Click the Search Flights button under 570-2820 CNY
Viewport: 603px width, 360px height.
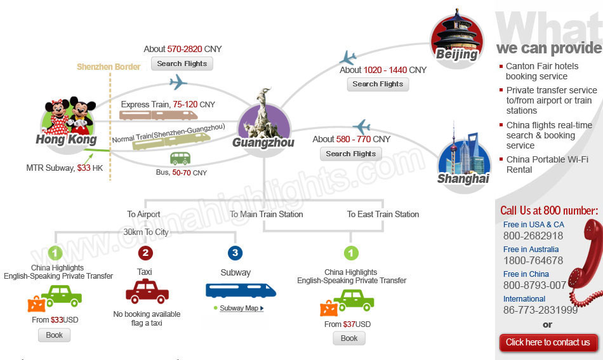tap(182, 63)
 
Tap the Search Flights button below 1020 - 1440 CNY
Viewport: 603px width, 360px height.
tap(378, 84)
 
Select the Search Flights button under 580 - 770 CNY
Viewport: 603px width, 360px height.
tap(351, 154)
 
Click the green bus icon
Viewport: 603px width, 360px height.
tap(180, 159)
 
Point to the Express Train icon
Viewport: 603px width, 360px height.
tap(159, 115)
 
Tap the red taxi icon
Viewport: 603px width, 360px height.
tap(147, 291)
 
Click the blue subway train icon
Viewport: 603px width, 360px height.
tap(241, 291)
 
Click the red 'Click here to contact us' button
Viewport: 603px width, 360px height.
tap(548, 342)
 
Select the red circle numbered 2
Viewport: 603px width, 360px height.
tap(145, 253)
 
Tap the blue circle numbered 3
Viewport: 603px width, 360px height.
tap(235, 253)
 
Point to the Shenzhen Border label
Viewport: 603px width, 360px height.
tap(109, 67)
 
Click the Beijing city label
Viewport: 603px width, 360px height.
tap(456, 54)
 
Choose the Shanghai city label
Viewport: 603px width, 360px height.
tap(463, 178)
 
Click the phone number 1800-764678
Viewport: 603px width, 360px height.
tap(533, 261)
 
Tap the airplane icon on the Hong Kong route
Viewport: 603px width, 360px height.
tap(178, 83)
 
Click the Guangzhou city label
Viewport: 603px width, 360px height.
tap(263, 142)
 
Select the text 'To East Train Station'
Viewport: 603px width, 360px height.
tap(383, 214)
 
